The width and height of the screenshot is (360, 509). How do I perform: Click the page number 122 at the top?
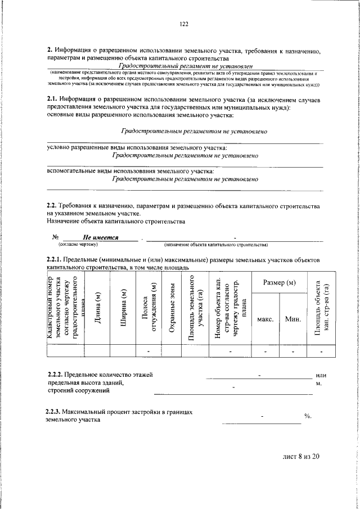[183, 24]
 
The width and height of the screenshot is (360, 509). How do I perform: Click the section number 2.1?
[53, 100]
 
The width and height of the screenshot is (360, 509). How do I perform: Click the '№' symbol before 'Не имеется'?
[56, 238]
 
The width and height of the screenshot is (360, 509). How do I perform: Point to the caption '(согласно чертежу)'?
[78, 245]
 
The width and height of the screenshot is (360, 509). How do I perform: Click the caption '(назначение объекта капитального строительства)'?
[215, 245]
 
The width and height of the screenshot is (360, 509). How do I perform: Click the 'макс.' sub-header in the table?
[265, 319]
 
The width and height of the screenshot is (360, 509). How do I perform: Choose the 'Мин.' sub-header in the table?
[293, 319]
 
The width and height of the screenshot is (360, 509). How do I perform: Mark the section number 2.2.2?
[55, 375]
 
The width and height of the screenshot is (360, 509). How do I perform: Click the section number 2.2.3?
[55, 412]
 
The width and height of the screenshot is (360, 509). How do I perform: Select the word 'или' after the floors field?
[321, 375]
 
